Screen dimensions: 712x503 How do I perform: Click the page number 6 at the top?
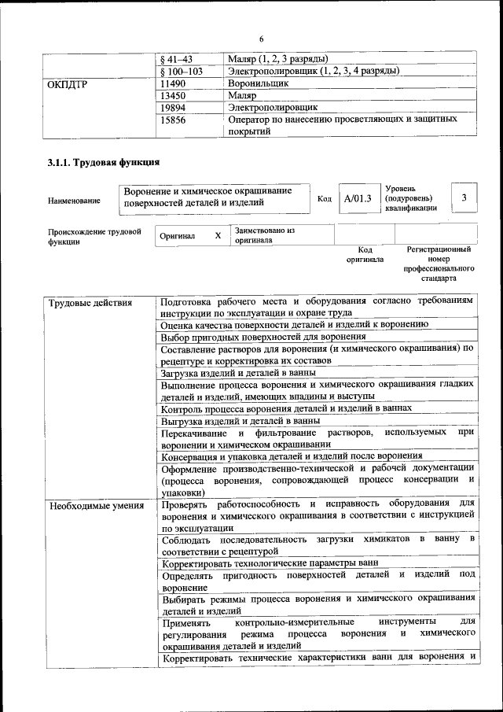[x=261, y=39]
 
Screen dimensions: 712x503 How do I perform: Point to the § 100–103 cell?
[x=181, y=70]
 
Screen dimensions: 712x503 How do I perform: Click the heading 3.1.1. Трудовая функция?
[x=104, y=163]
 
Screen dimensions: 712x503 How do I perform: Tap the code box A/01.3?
[x=357, y=199]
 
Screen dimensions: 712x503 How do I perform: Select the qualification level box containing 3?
[x=464, y=198]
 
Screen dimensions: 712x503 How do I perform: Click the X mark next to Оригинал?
[x=218, y=235]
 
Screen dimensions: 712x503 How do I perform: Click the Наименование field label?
[x=74, y=201]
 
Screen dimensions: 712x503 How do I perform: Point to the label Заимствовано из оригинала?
[x=263, y=235]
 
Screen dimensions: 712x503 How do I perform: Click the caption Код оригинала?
[x=365, y=254]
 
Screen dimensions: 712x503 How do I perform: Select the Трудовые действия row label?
[x=90, y=302]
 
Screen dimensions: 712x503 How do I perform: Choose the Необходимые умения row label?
[x=96, y=505]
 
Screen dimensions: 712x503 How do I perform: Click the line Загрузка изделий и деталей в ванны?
[x=238, y=372]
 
